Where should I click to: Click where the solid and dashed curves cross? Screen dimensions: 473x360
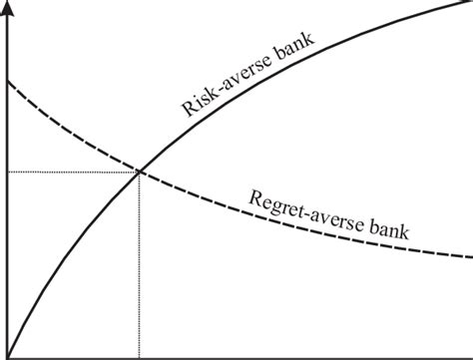tap(139, 172)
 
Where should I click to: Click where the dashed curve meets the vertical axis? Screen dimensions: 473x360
tap(8, 80)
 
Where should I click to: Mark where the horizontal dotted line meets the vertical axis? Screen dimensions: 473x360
tap(8, 172)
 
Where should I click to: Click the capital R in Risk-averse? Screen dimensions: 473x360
tap(187, 109)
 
